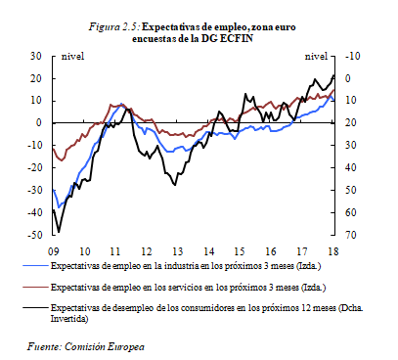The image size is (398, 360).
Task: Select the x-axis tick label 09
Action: [x=53, y=248]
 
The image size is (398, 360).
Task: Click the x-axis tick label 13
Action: [x=178, y=248]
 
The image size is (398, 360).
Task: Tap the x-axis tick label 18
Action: [x=334, y=248]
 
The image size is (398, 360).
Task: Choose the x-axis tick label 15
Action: [x=241, y=248]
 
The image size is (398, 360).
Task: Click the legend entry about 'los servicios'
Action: [x=186, y=288]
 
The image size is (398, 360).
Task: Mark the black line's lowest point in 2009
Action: [x=59, y=232]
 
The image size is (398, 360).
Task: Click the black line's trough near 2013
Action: [x=174, y=184]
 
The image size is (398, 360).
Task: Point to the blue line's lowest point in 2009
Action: [x=59, y=207]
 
